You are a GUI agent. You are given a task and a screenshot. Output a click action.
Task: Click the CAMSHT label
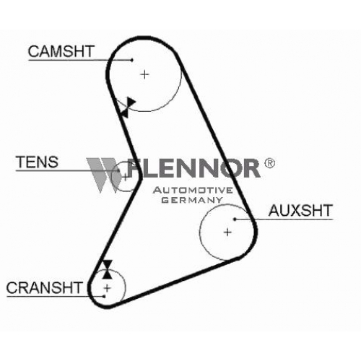(61, 51)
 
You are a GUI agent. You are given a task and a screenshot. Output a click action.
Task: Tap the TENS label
(37, 162)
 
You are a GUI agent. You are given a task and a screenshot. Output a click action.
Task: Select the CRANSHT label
(44, 287)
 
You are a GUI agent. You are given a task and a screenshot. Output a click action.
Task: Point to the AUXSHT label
(300, 210)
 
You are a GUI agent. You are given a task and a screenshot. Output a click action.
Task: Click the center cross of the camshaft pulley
(144, 74)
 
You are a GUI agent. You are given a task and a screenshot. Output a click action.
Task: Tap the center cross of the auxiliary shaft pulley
(227, 232)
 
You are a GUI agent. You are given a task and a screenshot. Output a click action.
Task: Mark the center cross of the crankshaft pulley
(107, 288)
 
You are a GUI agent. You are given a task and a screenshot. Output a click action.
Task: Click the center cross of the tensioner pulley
(126, 178)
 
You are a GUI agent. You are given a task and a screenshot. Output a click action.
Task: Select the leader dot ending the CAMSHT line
(131, 60)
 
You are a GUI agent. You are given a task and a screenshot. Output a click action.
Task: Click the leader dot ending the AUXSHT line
(235, 219)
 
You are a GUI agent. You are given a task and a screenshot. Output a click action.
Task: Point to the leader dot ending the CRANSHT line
(104, 296)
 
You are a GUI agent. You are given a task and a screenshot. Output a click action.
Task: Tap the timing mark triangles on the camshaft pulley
(128, 108)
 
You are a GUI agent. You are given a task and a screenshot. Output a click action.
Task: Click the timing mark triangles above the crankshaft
(107, 269)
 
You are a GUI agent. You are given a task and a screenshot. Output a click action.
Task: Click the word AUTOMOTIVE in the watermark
(193, 191)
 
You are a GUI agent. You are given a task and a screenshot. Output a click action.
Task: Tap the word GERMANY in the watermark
(192, 200)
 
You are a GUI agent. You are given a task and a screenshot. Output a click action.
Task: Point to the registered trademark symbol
(269, 163)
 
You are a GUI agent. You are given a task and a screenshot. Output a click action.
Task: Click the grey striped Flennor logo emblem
(104, 175)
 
